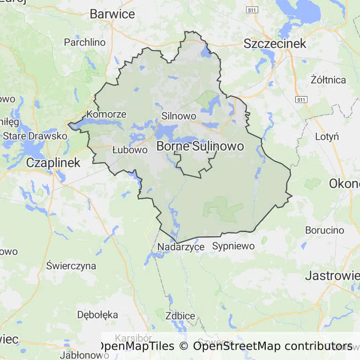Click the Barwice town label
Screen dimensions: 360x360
pyautogui.click(x=112, y=14)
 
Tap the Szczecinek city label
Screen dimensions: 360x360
pyautogui.click(x=275, y=44)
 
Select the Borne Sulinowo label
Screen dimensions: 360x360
pyautogui.click(x=200, y=146)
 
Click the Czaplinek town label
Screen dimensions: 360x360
pyautogui.click(x=53, y=163)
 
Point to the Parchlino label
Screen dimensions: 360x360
pyautogui.click(x=85, y=42)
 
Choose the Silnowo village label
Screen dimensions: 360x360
pyautogui.click(x=179, y=115)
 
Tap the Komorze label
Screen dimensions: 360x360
pyautogui.click(x=106, y=114)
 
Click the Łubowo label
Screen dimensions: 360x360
pyautogui.click(x=130, y=150)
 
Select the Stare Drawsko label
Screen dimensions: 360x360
pyautogui.click(x=35, y=136)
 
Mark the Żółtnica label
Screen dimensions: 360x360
pyautogui.click(x=328, y=80)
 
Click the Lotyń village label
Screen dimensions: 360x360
pyautogui.click(x=327, y=137)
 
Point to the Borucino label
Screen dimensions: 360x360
pyautogui.click(x=324, y=230)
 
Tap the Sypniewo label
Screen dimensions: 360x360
pyautogui.click(x=233, y=246)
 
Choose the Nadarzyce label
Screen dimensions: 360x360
pyautogui.click(x=180, y=247)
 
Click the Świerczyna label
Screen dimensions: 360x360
pyautogui.click(x=71, y=266)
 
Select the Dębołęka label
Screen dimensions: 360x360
pyautogui.click(x=97, y=315)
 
